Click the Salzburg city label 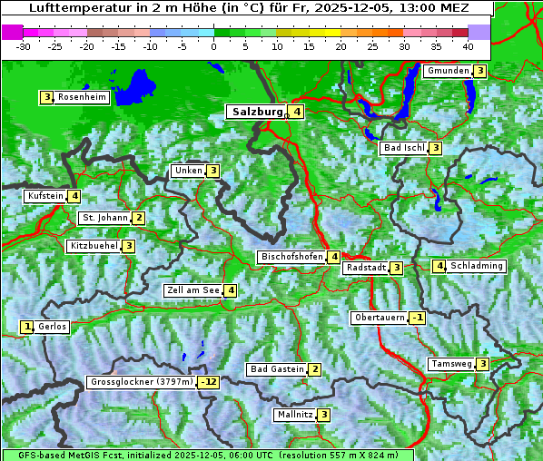(258, 112)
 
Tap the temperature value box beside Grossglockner (210, 382)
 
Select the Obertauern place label (380, 318)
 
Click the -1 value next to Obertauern (417, 318)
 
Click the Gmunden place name (448, 71)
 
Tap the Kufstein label (45, 196)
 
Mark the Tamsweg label (451, 364)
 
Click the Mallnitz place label (294, 415)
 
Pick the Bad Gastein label (277, 369)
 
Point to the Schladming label (477, 266)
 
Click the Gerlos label (52, 327)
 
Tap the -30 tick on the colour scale (24, 45)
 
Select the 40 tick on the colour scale (468, 45)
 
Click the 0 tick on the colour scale (213, 45)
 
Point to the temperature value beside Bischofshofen (334, 257)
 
